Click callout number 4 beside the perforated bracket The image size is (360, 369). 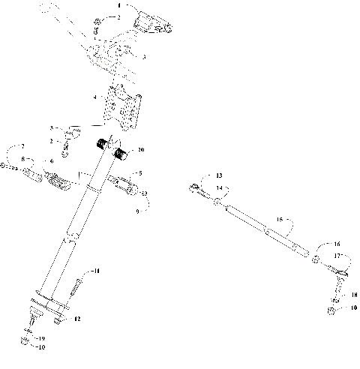tap(94, 97)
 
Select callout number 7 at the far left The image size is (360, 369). tap(22, 145)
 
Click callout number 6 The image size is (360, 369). tap(51, 161)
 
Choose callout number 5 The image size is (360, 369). tap(139, 173)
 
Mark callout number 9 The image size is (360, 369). tap(137, 213)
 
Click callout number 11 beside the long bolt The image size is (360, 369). tap(95, 270)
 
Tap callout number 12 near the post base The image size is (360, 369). tap(77, 320)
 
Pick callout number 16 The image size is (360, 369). tap(337, 244)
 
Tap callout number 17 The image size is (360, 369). tap(337, 256)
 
